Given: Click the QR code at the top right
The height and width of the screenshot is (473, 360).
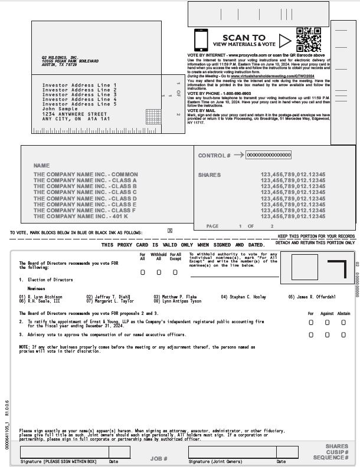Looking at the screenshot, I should (309, 40).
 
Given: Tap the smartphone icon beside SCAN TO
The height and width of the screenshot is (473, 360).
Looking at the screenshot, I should (201, 40).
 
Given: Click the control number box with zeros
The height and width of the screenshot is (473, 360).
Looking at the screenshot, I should (269, 155).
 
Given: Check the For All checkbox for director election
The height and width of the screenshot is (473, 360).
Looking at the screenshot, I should (142, 272).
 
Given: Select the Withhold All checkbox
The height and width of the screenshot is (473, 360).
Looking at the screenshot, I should (159, 272).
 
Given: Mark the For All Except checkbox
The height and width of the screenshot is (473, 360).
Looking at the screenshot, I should (175, 272).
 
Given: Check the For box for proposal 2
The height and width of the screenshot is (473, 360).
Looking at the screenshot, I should (311, 323).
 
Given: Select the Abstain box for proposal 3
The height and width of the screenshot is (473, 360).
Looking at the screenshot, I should (344, 334).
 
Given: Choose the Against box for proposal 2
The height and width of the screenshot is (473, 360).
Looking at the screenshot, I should (328, 323).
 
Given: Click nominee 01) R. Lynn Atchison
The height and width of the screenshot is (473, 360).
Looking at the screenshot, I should (41, 297).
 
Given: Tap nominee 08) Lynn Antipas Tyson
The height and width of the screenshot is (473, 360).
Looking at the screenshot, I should (177, 301).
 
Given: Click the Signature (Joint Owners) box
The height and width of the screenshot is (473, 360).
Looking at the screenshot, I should (231, 452).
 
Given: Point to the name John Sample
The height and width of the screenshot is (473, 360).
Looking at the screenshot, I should (60, 109).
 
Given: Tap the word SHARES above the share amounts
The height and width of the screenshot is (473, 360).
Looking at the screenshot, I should (210, 175).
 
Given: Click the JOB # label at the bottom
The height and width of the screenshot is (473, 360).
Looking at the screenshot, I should (159, 458).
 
